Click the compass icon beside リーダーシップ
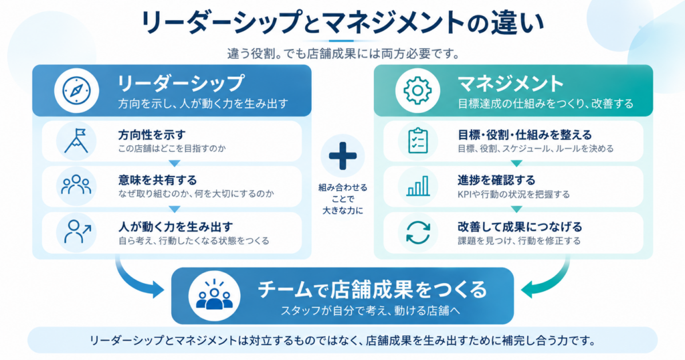[76, 90]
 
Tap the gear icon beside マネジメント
[417, 90]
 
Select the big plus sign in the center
[342, 156]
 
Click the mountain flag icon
[76, 141]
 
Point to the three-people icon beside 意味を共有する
[76, 185]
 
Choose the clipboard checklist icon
[417, 141]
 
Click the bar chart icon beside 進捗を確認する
[418, 185]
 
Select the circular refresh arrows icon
[418, 232]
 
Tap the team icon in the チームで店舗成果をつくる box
[214, 295]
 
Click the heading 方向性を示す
[152, 134]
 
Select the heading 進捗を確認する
[496, 180]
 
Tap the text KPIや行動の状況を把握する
[514, 195]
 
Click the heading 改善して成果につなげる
[520, 227]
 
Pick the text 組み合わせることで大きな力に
[342, 199]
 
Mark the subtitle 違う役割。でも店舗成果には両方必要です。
[343, 54]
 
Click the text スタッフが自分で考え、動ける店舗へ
[371, 310]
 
